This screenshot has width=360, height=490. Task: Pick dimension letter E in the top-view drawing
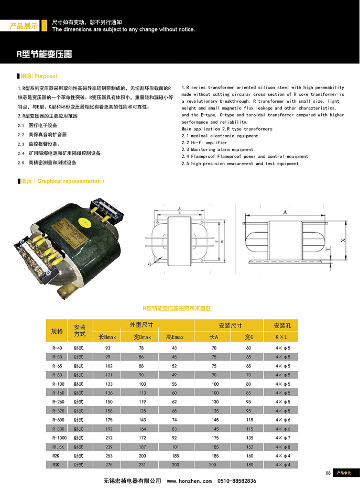[x=179, y=213]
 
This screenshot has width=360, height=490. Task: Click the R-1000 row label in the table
[x=60, y=437]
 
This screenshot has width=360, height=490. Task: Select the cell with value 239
[x=108, y=447]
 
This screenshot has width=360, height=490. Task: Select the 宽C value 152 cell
[x=249, y=447]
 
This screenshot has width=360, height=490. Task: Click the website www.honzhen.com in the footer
[x=189, y=481]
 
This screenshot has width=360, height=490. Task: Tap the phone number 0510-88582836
[x=237, y=481]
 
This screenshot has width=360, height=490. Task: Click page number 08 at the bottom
[x=328, y=473]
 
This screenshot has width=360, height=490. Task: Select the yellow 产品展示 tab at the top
[x=24, y=26]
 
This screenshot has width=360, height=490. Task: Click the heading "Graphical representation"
[x=69, y=181]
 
